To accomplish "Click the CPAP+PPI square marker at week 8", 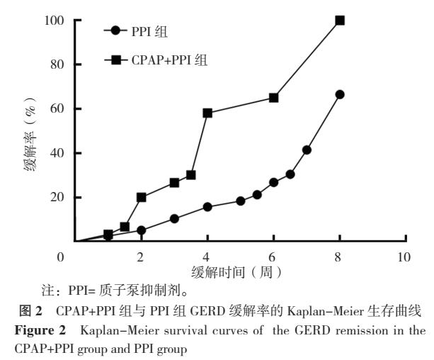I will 340,21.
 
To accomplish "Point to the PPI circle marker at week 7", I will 307,150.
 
